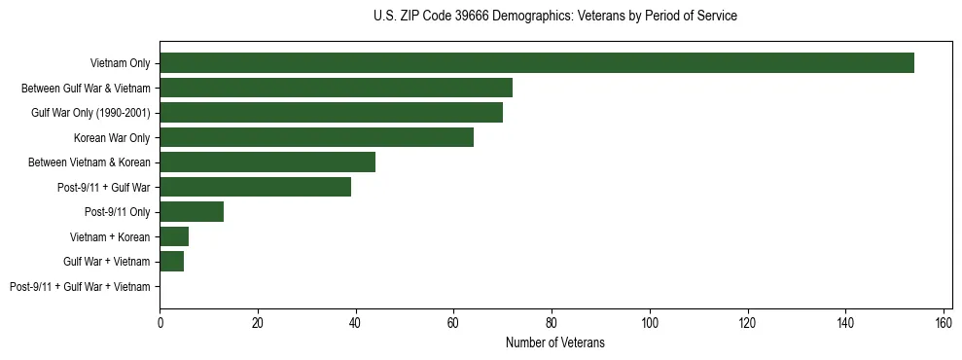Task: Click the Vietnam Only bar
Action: [537, 63]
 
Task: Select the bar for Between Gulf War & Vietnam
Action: [336, 88]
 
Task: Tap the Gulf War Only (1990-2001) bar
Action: [331, 113]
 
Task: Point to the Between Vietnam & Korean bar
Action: [267, 162]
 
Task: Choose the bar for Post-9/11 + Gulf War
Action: [255, 187]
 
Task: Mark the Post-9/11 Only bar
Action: [192, 212]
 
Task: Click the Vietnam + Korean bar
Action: [174, 236]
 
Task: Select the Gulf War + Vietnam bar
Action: [172, 262]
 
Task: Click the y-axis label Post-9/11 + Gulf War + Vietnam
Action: [80, 287]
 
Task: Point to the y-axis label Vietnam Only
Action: [121, 63]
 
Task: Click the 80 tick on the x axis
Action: [552, 324]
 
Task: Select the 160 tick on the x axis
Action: [944, 324]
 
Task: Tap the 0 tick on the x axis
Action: [160, 324]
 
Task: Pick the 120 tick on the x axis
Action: [747, 324]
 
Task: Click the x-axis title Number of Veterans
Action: [554, 342]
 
